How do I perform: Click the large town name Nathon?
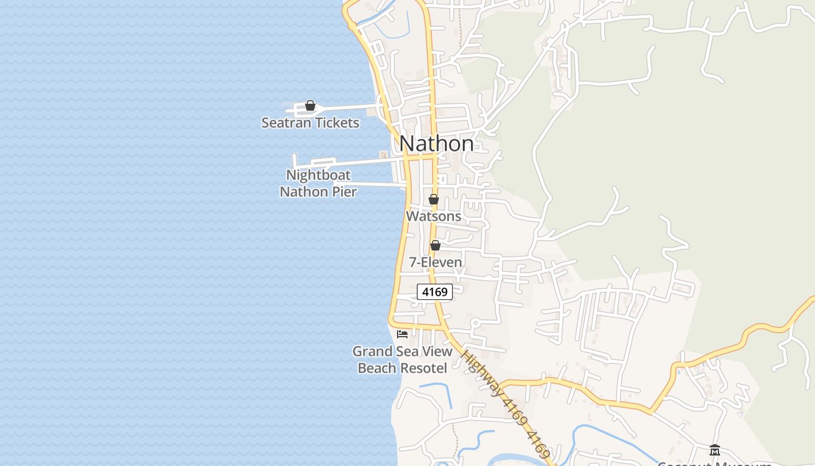[437, 143]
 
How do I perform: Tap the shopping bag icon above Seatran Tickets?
[310, 106]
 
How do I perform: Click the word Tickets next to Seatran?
[337, 123]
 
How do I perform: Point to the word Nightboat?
[318, 175]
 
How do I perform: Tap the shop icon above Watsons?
[434, 199]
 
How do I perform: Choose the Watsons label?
[434, 216]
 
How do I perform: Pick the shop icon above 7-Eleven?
[435, 245]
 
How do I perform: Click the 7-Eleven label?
[435, 262]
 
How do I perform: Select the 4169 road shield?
[435, 292]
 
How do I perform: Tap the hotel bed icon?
[402, 334]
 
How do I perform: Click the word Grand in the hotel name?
[370, 351]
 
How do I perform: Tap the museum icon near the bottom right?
[715, 450]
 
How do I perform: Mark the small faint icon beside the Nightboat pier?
[383, 154]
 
